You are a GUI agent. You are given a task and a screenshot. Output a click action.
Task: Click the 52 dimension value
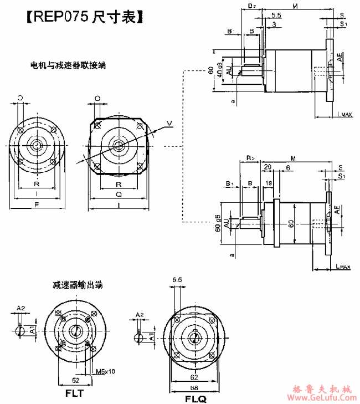(75, 380)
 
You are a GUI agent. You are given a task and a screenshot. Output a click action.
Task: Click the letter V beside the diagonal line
(169, 122)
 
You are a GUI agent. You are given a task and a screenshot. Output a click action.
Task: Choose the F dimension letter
(37, 204)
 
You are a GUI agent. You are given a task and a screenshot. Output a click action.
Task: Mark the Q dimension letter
(119, 195)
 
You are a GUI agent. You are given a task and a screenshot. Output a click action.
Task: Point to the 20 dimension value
(268, 167)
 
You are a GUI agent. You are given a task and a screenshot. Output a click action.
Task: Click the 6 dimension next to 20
(288, 167)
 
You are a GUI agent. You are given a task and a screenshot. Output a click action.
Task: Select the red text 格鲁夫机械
(322, 387)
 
